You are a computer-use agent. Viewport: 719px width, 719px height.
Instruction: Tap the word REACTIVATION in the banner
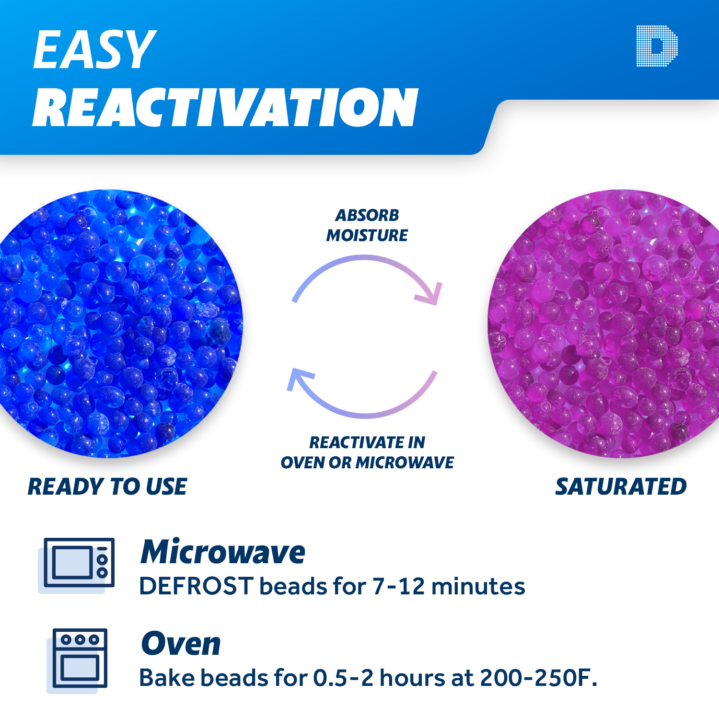point(225,108)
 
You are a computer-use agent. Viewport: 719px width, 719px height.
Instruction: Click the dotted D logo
point(657,46)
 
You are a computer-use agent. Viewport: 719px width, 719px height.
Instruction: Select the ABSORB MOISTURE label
point(367,225)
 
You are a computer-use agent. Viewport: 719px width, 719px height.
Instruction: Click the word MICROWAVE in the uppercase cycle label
point(405,463)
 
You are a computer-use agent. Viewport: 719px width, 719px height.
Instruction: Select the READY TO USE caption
point(107,487)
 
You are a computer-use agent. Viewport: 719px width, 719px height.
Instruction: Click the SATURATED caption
point(621,487)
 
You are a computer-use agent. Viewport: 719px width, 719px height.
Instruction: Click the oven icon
point(80,658)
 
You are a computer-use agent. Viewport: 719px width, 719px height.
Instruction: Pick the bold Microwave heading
point(223,552)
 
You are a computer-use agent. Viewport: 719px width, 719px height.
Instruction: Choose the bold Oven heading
point(181,644)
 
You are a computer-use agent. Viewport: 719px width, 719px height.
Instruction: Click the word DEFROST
point(196,586)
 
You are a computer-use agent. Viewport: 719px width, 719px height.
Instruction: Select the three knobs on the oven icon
point(80,639)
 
